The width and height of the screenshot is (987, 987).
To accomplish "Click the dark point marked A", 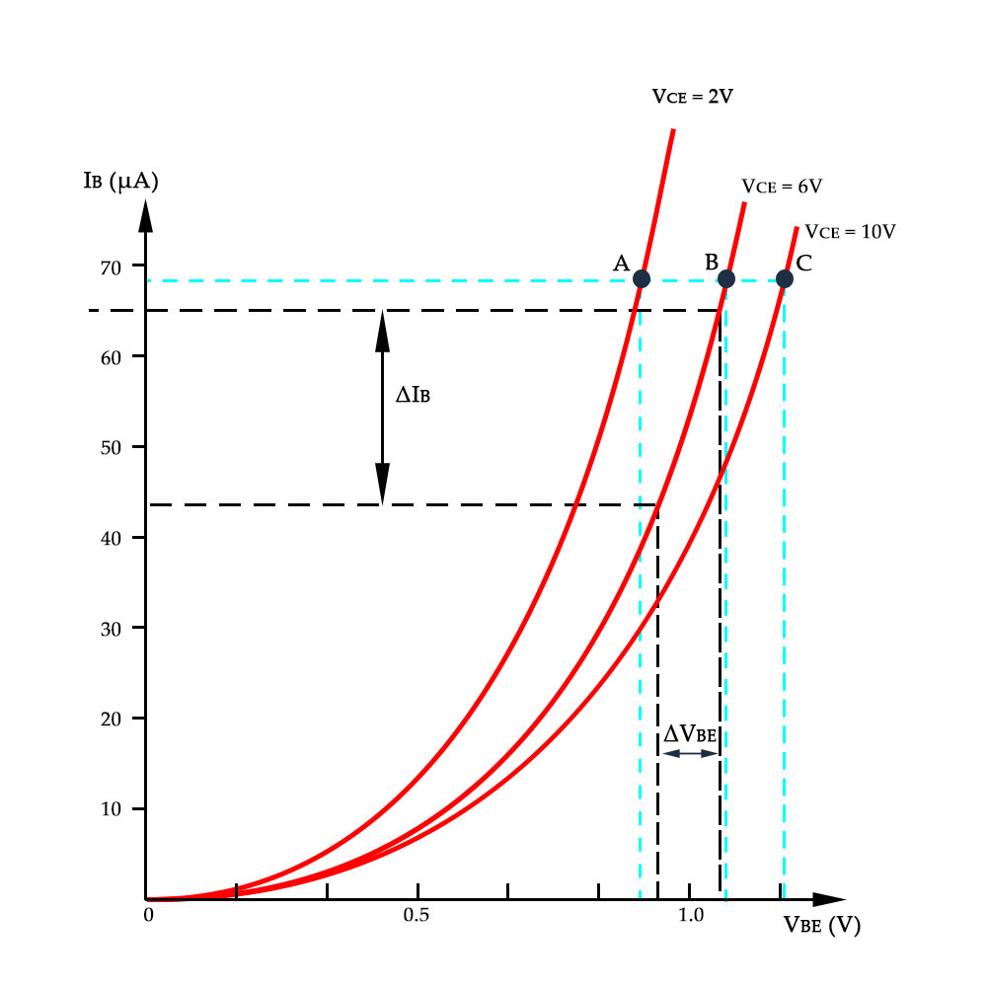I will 641,278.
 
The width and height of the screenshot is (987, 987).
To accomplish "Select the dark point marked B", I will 725,278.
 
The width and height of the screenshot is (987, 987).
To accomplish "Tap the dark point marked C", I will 784,278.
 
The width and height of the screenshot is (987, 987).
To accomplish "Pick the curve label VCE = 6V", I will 783,186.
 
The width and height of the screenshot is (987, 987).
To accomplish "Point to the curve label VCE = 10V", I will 850,232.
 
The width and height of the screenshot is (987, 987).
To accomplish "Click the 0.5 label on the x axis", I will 417,915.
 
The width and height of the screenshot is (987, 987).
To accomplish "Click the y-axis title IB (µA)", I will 121,182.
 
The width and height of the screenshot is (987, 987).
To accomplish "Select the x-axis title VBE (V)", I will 821,926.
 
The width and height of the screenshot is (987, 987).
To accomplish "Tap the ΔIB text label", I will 413,395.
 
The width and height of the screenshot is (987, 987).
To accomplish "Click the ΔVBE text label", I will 689,733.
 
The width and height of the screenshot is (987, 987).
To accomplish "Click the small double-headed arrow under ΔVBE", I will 689,754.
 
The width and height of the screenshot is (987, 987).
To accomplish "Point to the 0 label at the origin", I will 148,915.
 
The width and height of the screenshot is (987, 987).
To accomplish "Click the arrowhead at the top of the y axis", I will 145,214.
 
